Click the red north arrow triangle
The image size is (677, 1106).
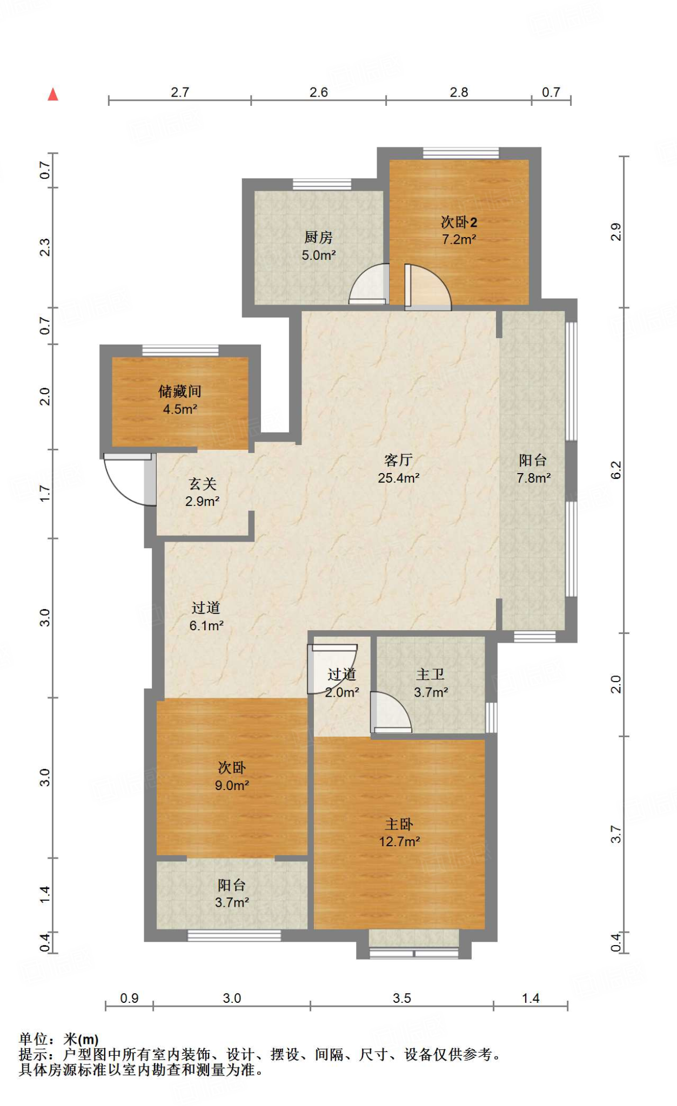(52, 95)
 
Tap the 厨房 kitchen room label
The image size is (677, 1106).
(319, 237)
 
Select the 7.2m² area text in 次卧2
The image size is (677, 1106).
(459, 239)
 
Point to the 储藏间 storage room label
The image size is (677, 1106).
(180, 391)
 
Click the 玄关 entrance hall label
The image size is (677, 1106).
(203, 483)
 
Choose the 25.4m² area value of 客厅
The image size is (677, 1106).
(399, 478)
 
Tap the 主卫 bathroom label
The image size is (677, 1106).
(431, 674)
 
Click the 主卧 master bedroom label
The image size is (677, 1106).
(399, 824)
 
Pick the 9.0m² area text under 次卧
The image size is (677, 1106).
(232, 785)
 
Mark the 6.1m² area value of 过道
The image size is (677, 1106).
(206, 625)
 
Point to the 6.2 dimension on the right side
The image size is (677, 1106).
(616, 470)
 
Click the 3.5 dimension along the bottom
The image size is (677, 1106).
(402, 998)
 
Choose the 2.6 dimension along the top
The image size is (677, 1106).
(319, 92)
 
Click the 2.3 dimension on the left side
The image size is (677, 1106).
(45, 247)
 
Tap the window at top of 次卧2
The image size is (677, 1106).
(461, 153)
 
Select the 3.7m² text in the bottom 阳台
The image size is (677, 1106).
(232, 902)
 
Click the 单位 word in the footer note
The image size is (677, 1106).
(33, 1038)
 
